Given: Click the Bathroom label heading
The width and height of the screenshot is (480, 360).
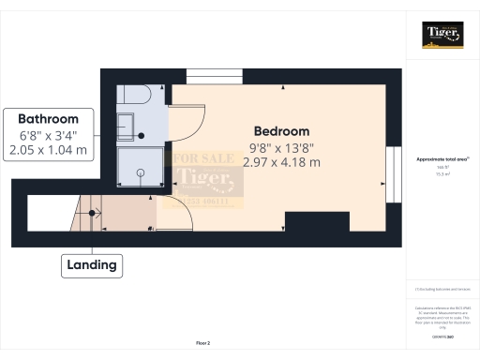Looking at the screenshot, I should tap(49, 119).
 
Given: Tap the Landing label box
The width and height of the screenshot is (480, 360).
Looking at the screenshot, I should tap(92, 265).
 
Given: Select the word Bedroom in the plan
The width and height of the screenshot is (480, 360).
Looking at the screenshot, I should tap(281, 131).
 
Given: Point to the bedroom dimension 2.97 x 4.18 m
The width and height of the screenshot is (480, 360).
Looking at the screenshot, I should tap(281, 162).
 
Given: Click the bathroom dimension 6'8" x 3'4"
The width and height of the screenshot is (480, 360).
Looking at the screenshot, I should tap(49, 134).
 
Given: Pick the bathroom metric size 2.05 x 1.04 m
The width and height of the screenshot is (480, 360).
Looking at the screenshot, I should tap(49, 149).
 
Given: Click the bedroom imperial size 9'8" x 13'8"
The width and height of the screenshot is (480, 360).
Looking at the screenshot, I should tap(281, 147).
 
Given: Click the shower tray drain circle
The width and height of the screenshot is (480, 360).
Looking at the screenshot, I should tap(140, 172).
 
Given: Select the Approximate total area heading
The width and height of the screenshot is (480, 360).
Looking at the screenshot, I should tap(441, 159).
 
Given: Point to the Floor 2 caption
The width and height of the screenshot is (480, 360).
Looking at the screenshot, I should tap(203, 344).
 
